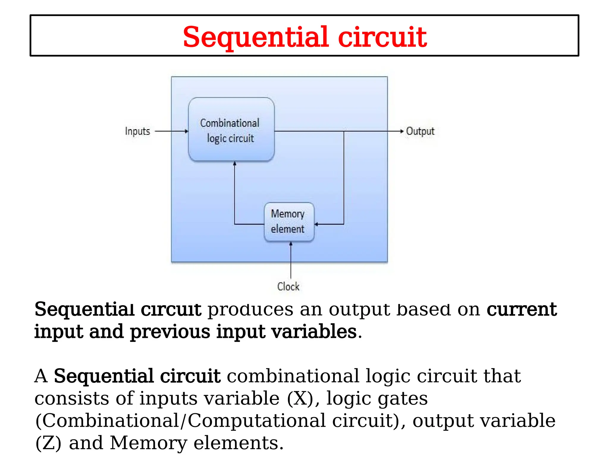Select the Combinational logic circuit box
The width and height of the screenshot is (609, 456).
[231, 129]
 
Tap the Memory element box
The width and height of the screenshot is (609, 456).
[289, 221]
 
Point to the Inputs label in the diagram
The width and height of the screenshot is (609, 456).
[137, 131]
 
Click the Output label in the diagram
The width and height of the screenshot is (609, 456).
[420, 131]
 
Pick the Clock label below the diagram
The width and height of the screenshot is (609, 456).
[288, 286]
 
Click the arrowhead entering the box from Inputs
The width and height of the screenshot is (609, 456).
[187, 131]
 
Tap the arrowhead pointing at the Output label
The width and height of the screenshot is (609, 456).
[402, 131]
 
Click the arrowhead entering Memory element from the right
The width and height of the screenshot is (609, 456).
[316, 224]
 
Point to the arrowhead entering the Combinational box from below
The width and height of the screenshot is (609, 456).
[235, 164]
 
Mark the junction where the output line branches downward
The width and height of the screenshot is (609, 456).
[344, 131]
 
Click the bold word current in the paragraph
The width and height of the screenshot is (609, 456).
[522, 309]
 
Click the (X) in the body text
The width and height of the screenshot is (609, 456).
[300, 398]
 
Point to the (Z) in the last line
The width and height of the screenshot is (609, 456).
[48, 443]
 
